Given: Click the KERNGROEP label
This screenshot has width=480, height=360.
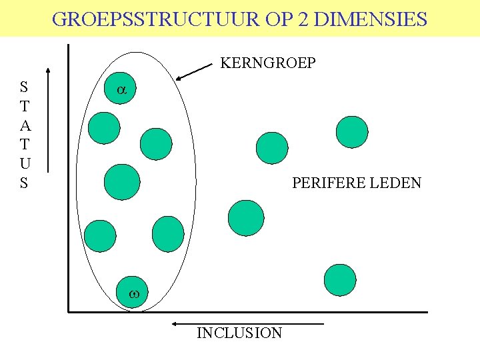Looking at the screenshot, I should (268, 63).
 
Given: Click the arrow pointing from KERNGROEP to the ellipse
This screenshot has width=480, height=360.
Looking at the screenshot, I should (196, 71).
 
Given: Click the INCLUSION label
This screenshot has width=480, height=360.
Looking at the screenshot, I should (239, 333).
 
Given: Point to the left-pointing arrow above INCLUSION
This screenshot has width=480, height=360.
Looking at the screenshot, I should (247, 324).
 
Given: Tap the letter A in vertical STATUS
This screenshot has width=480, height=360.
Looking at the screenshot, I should (24, 125).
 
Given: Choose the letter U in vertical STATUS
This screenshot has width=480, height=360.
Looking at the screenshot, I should (24, 163).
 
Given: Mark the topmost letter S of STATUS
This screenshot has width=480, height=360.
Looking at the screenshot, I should (24, 86).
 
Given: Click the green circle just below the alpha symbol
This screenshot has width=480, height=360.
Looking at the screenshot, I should (104, 127).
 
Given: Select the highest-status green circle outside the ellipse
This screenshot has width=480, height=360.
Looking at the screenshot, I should (351, 131).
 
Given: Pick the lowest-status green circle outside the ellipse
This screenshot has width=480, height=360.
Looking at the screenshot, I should (340, 280).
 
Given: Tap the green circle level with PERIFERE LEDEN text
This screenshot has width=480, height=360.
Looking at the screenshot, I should (123, 182).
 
